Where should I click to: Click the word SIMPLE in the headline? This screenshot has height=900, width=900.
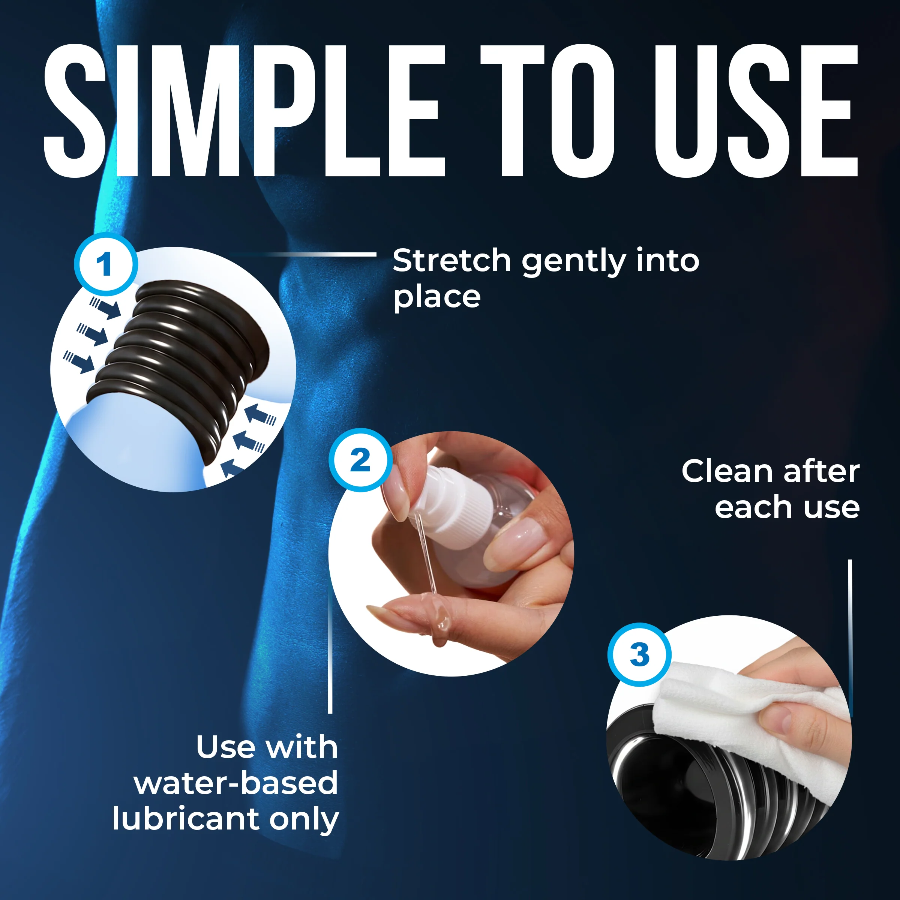click(x=244, y=111)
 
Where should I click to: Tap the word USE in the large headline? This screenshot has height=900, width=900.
click(x=756, y=111)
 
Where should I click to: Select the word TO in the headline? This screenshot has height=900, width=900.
click(x=547, y=111)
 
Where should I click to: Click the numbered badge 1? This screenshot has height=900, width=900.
click(x=106, y=264)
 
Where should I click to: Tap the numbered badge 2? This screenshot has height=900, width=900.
click(x=360, y=460)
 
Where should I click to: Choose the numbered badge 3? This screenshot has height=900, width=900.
click(x=639, y=654)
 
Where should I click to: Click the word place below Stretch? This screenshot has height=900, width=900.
click(x=436, y=298)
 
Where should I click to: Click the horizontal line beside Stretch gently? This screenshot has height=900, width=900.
click(x=303, y=254)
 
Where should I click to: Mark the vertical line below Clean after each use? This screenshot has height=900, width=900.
click(x=850, y=638)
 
